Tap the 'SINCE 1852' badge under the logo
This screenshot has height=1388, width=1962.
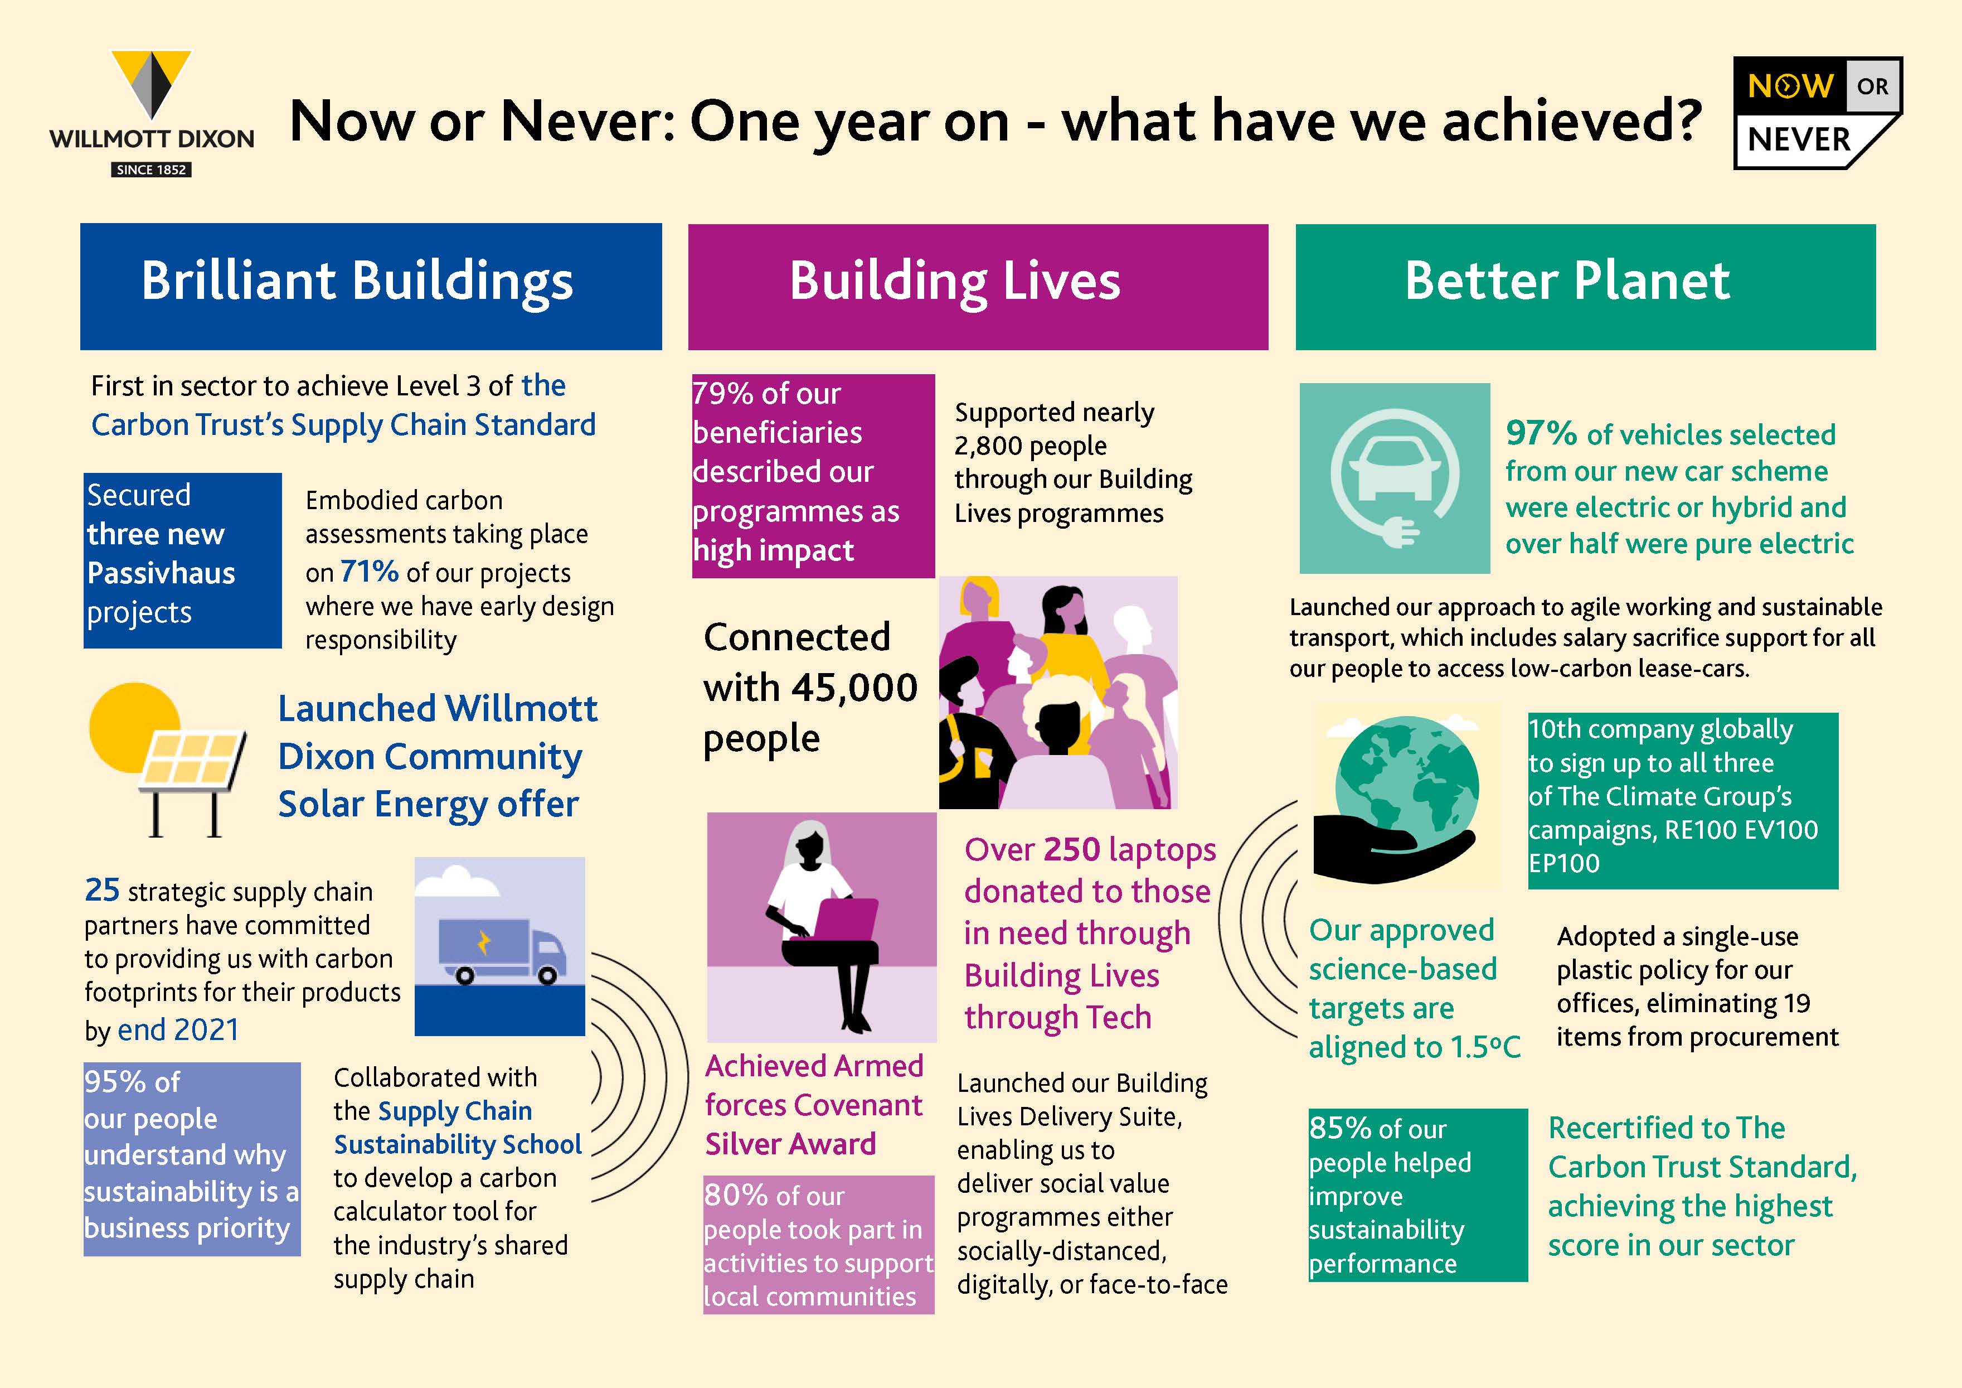point(151,169)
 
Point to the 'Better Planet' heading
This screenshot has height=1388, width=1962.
point(1567,280)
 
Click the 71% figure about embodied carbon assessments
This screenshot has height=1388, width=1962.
point(369,570)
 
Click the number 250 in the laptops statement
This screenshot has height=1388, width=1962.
point(1072,849)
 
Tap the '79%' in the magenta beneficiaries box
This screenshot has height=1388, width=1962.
point(723,393)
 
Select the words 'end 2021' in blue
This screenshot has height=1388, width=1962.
point(178,1030)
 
